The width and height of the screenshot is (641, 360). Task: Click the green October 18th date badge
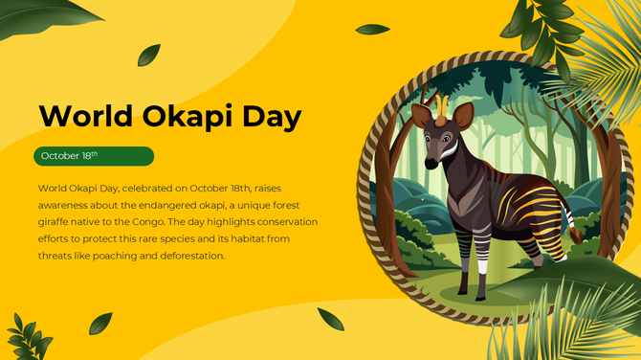pyautogui.click(x=93, y=156)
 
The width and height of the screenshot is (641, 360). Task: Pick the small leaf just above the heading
pyautogui.click(x=148, y=56)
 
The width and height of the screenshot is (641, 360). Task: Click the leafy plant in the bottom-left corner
pyautogui.click(x=29, y=337)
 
